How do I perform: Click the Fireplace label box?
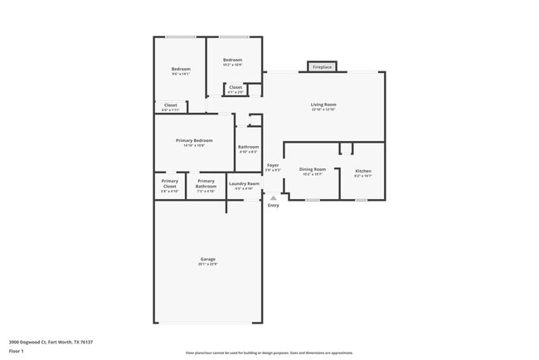[322, 66]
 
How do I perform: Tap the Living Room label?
[323, 105]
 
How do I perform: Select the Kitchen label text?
[363, 171]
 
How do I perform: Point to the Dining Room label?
[313, 171]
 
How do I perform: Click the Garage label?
[207, 260]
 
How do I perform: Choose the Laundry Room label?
[244, 183]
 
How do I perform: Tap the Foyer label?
[273, 166]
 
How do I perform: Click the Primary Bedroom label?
[194, 141]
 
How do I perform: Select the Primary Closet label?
[170, 183]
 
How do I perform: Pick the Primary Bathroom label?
[206, 183]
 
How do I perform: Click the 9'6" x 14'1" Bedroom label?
[181, 69]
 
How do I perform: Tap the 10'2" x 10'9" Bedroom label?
[232, 60]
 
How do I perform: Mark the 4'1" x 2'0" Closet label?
[236, 87]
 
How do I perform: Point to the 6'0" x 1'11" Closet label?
[170, 105]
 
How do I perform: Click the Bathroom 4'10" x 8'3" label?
[249, 148]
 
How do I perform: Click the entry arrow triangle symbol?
[273, 197]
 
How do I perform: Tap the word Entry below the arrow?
[274, 206]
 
